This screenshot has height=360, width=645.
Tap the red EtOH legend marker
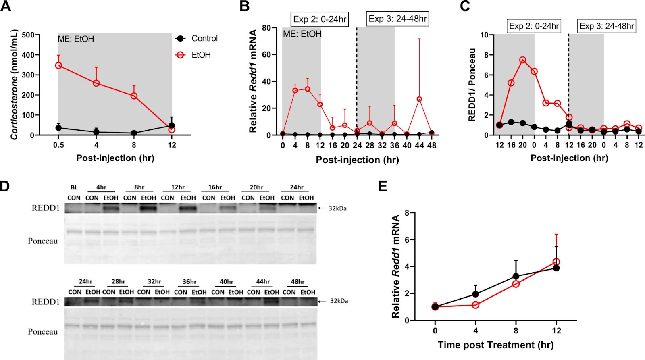pyautogui.click(x=181, y=55)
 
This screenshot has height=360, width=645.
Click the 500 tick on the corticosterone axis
pyautogui.click(x=28, y=35)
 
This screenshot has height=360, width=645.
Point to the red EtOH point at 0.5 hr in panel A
pyautogui.click(x=58, y=65)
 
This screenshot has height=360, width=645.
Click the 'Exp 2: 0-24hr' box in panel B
pyautogui.click(x=320, y=19)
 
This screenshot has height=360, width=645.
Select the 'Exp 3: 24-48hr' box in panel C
pyautogui.click(x=607, y=26)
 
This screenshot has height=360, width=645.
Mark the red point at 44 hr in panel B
pyautogui.click(x=419, y=99)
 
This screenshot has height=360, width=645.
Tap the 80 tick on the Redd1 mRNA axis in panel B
pyautogui.click(x=266, y=28)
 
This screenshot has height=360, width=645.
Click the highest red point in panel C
pyautogui.click(x=523, y=60)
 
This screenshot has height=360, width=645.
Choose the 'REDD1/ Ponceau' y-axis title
pyautogui.click(x=472, y=85)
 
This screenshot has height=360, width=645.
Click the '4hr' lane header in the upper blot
pyautogui.click(x=101, y=187)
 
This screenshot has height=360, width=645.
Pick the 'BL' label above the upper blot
pyautogui.click(x=74, y=187)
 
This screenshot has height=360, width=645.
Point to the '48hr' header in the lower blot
pyautogui.click(x=298, y=281)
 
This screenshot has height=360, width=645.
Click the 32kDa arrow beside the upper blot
pyautogui.click(x=321, y=208)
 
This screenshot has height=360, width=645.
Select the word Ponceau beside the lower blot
pyautogui.click(x=43, y=331)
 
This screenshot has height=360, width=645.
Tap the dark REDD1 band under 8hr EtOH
pyautogui.click(x=148, y=208)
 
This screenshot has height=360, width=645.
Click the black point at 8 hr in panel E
pyautogui.click(x=516, y=277)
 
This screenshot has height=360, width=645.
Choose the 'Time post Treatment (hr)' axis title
pyautogui.click(x=495, y=345)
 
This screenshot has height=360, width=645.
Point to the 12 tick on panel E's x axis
pyautogui.click(x=556, y=331)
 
